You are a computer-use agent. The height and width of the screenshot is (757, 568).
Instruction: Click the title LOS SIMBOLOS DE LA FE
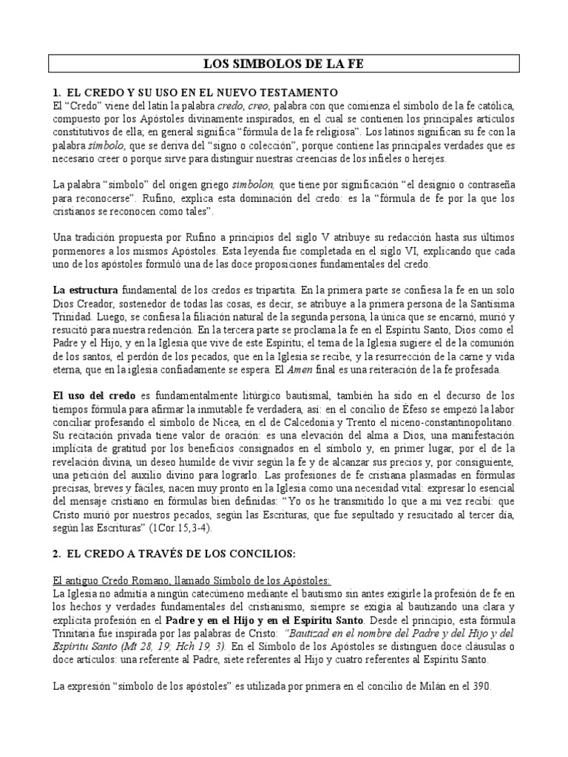[x=283, y=65]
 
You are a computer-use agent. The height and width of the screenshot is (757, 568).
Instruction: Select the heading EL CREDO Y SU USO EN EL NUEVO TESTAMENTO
[x=196, y=92]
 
